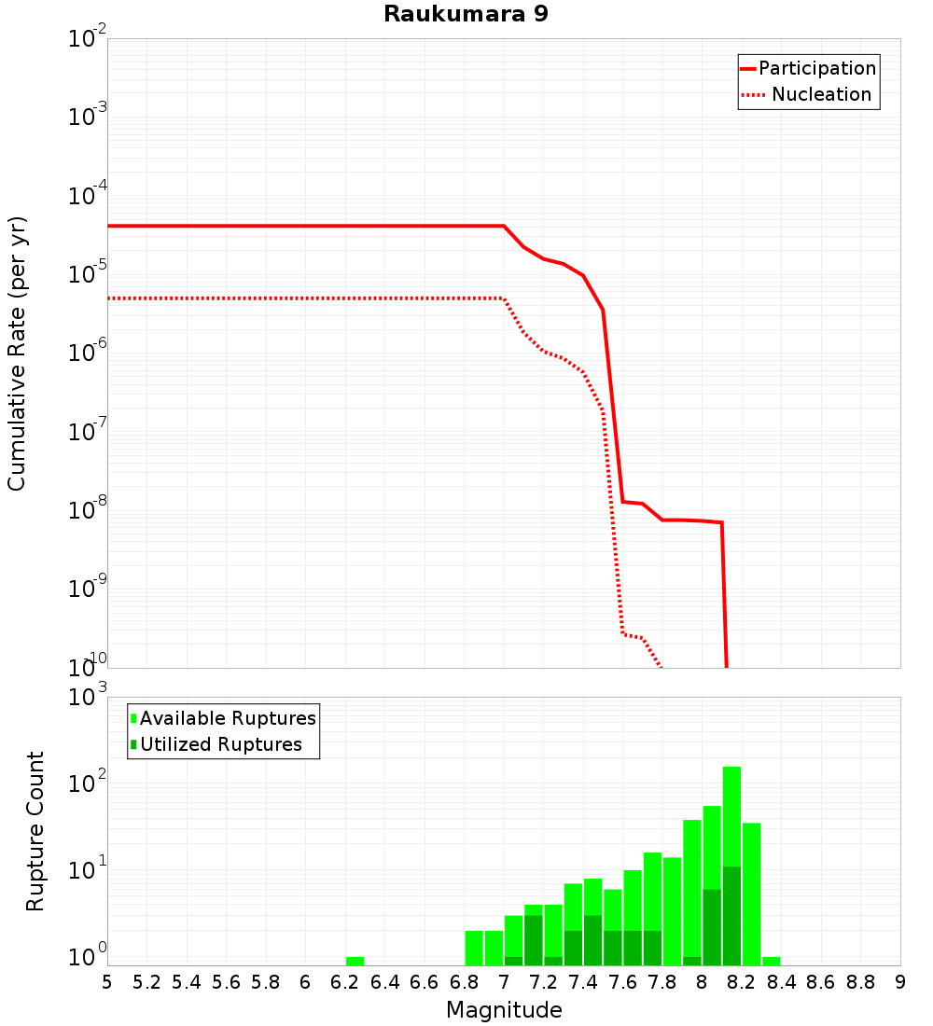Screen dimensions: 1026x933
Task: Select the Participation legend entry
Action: coord(808,68)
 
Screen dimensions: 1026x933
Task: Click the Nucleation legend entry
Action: coord(808,94)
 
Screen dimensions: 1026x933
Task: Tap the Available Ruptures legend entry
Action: coord(224,718)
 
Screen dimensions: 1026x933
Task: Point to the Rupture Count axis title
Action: coord(35,830)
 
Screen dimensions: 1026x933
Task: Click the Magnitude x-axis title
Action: coord(504,1010)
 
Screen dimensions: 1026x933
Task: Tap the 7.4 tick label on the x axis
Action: coord(582,982)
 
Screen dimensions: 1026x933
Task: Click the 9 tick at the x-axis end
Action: coord(899,982)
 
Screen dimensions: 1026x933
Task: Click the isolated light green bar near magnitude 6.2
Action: coord(355,961)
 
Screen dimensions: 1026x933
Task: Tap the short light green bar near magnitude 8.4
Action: coord(772,961)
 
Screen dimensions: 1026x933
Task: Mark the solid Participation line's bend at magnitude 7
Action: coord(504,226)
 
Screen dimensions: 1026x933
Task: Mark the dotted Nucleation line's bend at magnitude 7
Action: coord(504,298)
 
